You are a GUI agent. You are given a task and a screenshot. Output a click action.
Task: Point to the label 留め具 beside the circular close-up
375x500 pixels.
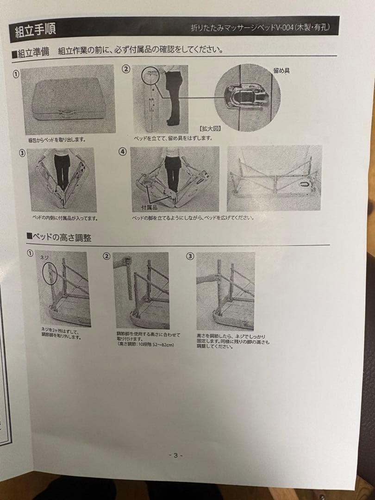tap(281, 71)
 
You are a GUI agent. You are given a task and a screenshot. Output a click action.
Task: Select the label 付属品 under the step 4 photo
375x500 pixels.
tap(150, 208)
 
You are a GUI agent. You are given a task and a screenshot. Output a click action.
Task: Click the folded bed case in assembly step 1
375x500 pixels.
tap(67, 98)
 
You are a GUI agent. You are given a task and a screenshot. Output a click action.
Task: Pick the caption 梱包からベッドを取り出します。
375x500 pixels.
tap(57, 139)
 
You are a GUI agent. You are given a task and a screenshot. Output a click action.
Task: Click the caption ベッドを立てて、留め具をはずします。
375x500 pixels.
tap(172, 138)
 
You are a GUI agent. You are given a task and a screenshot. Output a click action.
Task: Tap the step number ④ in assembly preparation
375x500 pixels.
tap(122, 151)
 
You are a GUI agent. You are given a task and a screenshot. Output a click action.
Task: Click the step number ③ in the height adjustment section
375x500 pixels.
tap(190, 256)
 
